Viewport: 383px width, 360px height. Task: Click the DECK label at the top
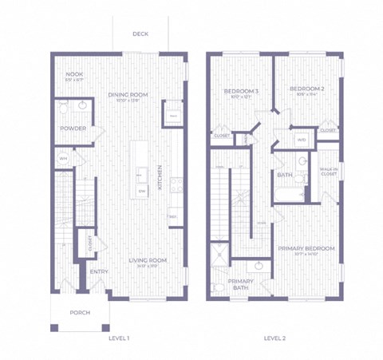[140, 35]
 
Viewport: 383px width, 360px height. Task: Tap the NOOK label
[73, 75]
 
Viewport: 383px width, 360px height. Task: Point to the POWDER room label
[73, 128]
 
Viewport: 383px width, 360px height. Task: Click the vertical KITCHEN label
[160, 177]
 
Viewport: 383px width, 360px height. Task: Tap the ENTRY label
[99, 271]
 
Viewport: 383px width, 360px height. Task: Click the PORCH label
[79, 312]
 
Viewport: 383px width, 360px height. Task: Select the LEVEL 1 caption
[119, 338]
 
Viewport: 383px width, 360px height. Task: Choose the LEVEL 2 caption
[275, 338]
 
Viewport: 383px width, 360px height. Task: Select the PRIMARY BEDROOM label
[306, 249]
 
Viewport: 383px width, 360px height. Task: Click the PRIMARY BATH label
[240, 284]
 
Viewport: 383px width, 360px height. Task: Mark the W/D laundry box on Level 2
[302, 140]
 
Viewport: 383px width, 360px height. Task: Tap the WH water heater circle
[63, 159]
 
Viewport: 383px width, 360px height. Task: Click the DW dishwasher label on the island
[142, 192]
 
